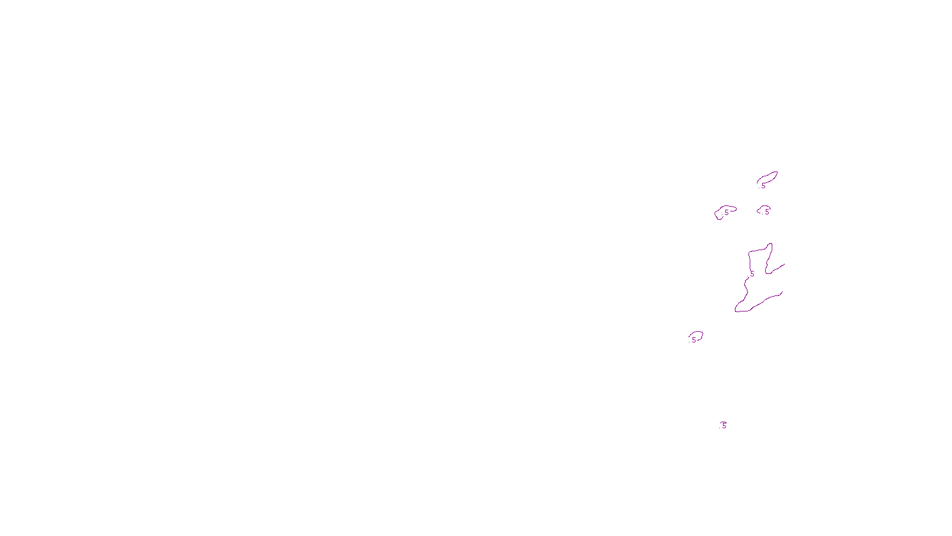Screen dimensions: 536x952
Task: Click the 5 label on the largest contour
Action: [x=752, y=274]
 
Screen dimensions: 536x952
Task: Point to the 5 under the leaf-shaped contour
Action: [x=763, y=186]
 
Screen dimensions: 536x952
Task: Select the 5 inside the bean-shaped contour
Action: [x=726, y=213]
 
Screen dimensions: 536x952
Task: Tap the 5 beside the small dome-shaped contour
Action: [x=767, y=211]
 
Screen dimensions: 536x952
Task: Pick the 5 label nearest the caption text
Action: [x=724, y=426]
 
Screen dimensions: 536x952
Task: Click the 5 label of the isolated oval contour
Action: [x=694, y=340]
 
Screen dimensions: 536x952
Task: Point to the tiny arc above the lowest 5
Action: [x=723, y=422]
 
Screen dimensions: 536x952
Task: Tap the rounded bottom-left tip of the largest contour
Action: [x=737, y=310]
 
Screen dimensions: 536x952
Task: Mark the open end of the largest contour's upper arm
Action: [x=784, y=264]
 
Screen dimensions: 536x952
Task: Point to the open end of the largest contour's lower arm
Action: [x=782, y=292]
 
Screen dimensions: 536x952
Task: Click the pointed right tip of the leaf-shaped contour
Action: [x=777, y=173]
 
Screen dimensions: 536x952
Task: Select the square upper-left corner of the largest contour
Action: [x=750, y=253]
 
